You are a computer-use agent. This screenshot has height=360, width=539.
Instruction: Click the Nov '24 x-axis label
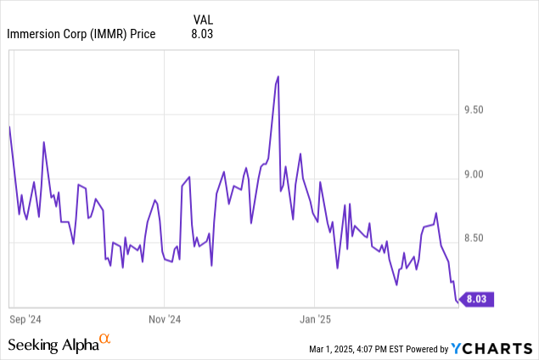coord(164,320)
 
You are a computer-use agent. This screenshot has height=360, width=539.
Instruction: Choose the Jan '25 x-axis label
coord(315,320)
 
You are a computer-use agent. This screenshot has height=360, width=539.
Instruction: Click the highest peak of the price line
coord(278,76)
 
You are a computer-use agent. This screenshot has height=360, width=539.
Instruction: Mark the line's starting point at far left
coord(9,127)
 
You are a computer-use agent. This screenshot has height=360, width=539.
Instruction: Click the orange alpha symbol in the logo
coord(105,340)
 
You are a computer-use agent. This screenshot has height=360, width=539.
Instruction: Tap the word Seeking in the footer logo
coord(31,345)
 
